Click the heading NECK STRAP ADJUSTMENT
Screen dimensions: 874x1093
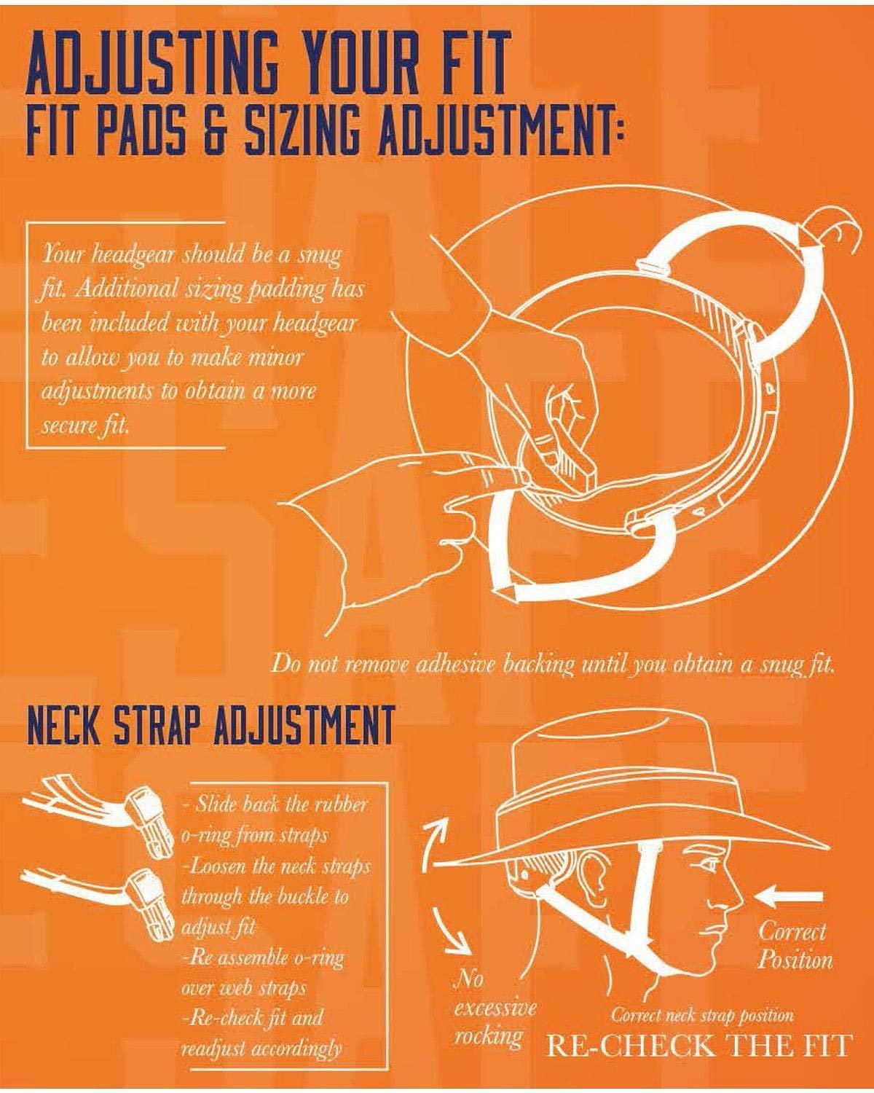209,726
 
